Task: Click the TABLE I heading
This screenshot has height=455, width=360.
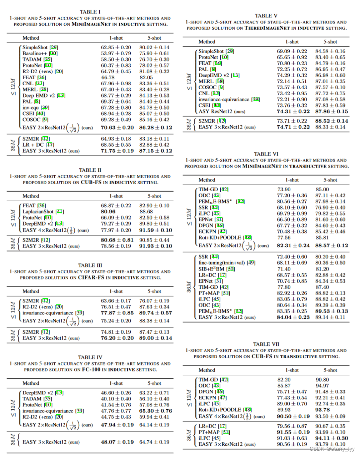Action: pos(90,12)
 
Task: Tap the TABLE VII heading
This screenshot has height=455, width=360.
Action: pos(266,344)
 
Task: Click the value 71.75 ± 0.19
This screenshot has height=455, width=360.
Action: pos(117,151)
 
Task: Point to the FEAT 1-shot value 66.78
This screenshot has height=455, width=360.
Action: pos(107,77)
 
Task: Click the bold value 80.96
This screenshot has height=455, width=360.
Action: pos(108,211)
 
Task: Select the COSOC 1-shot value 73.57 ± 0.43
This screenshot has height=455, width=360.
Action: pos(292,87)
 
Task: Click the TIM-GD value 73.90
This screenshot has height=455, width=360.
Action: pos(284,189)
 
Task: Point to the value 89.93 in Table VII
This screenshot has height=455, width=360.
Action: pos(284,410)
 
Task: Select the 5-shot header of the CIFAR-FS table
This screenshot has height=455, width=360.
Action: pos(154,291)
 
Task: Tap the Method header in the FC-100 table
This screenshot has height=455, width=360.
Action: pos(31,383)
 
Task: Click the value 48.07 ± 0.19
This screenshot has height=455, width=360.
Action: pos(117,442)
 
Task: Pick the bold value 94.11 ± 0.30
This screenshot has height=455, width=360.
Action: pos(331,438)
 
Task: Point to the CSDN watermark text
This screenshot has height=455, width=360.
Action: pos(332,449)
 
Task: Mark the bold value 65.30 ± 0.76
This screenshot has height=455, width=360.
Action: pos(155,411)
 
